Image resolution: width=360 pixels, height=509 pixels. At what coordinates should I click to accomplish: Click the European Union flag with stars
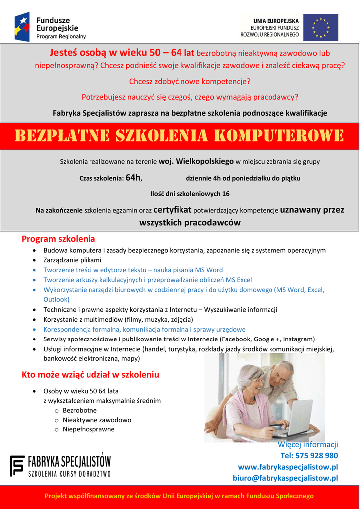pyautogui.click(x=321, y=27)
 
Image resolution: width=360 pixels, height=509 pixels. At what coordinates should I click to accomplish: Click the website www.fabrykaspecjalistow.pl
pyautogui.click(x=288, y=467)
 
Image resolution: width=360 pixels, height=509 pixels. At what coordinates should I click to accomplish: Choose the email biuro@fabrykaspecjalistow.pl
pyautogui.click(x=285, y=478)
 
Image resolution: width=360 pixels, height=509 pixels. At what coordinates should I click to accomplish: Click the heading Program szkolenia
pyautogui.click(x=58, y=239)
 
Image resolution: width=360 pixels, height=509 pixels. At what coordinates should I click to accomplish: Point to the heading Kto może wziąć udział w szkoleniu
pyautogui.click(x=90, y=374)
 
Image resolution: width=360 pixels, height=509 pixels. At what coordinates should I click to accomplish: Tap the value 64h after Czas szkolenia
pyautogui.click(x=134, y=177)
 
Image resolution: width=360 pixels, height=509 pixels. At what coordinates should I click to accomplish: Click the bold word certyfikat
pyautogui.click(x=172, y=210)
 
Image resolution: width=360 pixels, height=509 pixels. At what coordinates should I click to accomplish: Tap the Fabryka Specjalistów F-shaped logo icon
pyautogui.click(x=17, y=466)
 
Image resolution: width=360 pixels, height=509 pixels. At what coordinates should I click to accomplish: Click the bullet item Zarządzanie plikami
pyautogui.click(x=72, y=260)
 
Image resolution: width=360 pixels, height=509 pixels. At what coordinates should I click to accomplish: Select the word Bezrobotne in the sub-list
pyautogui.click(x=80, y=410)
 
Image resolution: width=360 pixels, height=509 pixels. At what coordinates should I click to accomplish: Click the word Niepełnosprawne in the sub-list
pyautogui.click(x=89, y=429)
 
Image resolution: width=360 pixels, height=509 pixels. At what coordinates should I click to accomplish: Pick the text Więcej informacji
pyautogui.click(x=308, y=444)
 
